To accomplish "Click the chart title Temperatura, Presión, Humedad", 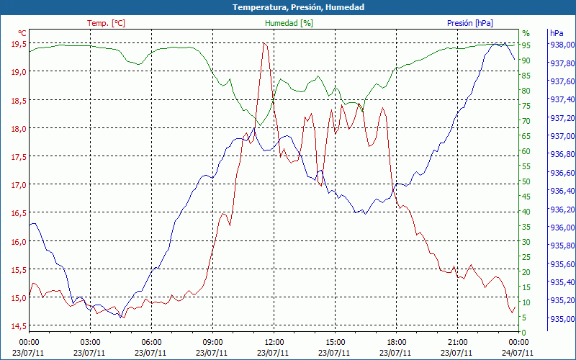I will click(x=288, y=7).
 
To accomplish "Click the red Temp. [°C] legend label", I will click(x=106, y=23).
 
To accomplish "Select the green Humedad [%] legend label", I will click(x=289, y=23).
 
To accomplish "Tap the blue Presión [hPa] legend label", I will click(x=469, y=23).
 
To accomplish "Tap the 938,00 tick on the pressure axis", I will click(x=562, y=45).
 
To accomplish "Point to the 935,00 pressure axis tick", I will click(x=562, y=319).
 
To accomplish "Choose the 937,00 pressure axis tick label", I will click(x=562, y=136).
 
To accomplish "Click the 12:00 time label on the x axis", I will click(x=274, y=342).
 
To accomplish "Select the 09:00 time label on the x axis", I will click(x=213, y=342).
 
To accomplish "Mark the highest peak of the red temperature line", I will click(x=264, y=43).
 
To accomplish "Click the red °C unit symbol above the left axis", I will click(x=22, y=33).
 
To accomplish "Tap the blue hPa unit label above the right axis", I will click(x=557, y=33).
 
